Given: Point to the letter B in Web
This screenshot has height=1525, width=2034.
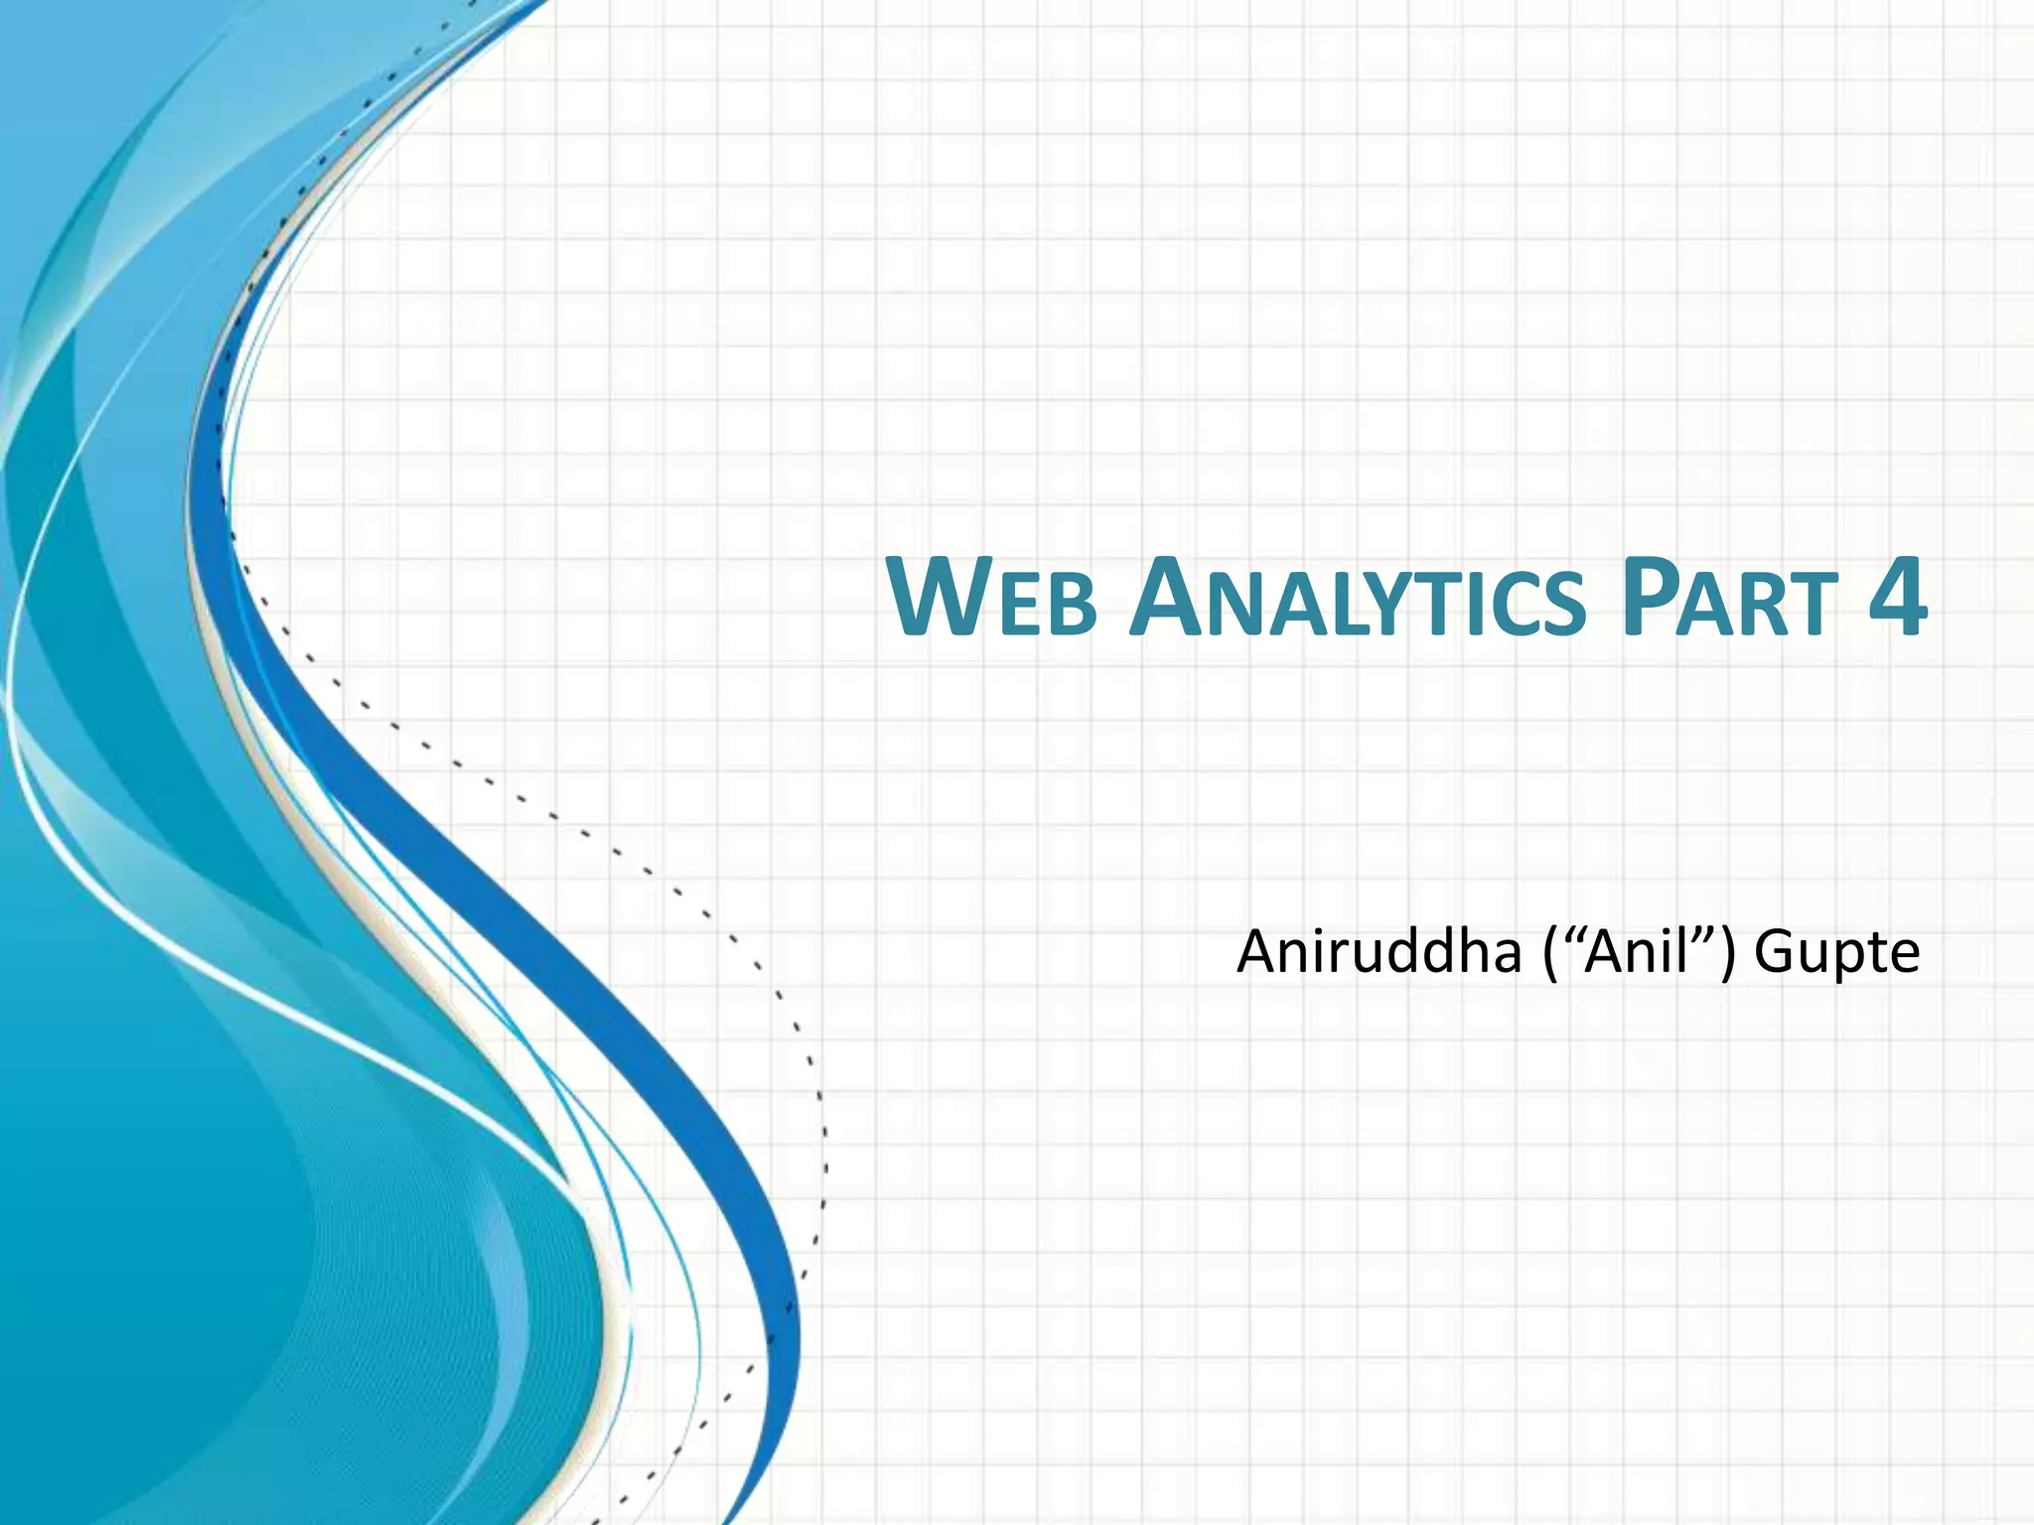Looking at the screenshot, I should click(x=1073, y=606).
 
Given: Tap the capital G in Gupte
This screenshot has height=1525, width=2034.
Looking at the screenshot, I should click(x=1778, y=951).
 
